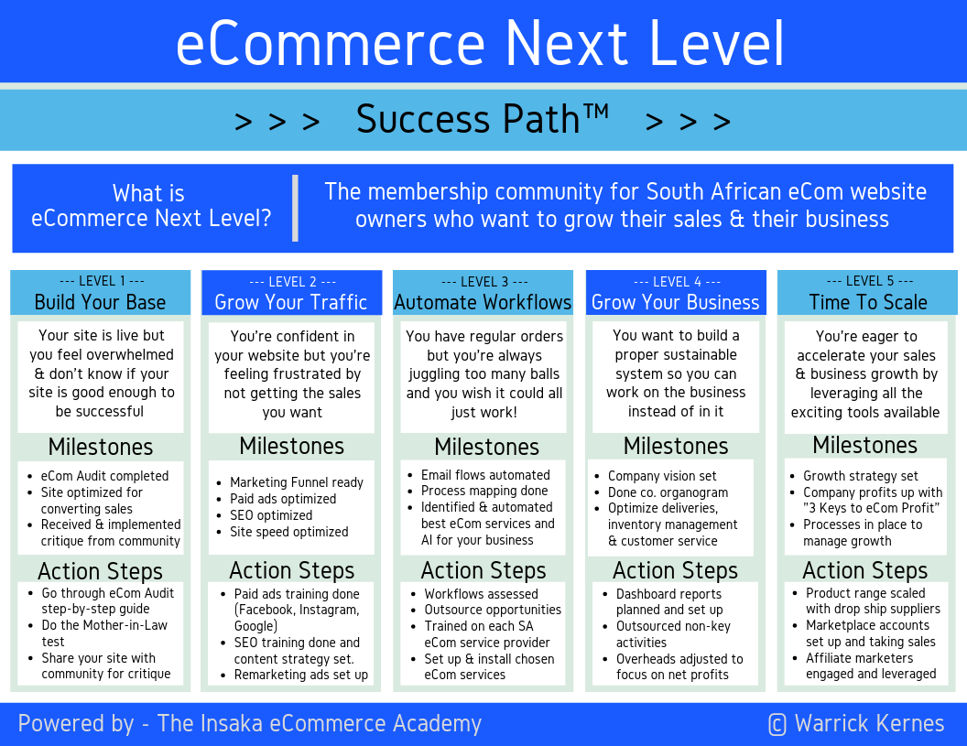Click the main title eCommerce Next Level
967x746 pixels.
coord(481,43)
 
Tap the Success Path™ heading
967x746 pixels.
coord(483,120)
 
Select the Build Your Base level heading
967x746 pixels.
coord(101,302)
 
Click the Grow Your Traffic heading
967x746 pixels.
coord(291,302)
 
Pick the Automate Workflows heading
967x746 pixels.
coord(483,302)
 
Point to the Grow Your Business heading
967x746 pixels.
coord(676,302)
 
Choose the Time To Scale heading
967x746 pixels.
coord(868,302)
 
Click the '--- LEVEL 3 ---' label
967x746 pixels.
coord(483,282)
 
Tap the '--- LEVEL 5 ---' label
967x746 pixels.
coord(869,281)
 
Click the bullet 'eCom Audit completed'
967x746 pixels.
coord(104,476)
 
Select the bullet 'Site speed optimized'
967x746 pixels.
coord(288,532)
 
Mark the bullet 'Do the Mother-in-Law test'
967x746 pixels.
coord(104,633)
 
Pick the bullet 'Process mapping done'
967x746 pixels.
coord(484,492)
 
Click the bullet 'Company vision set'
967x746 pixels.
coord(662,476)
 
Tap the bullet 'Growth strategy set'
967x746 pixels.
coord(860,476)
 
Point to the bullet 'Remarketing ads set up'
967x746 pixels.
coord(300,675)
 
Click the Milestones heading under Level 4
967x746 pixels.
coord(676,446)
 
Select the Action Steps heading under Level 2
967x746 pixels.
coord(291,570)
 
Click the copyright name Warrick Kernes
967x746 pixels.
coord(869,724)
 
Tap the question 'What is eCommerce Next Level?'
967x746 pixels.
coord(150,206)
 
